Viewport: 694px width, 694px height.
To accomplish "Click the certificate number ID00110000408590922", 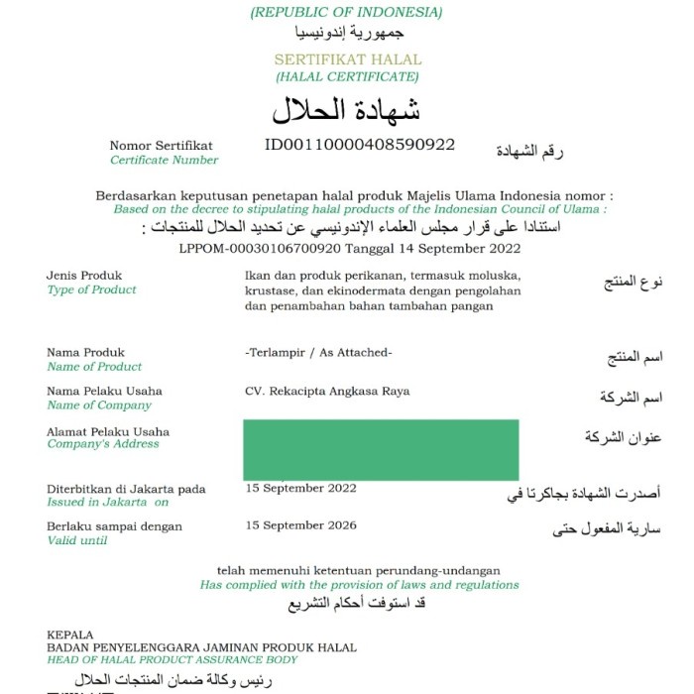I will click(360, 145).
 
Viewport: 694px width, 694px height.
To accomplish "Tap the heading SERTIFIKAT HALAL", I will click(347, 59).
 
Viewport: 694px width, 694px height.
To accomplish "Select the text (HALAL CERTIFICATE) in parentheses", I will click(347, 76).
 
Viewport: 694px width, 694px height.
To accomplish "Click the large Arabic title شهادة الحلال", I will click(346, 109).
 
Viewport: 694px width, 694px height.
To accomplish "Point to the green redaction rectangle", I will click(382, 450).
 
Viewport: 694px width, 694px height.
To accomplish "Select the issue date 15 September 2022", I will click(300, 488).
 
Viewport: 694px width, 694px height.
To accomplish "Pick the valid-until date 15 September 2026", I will click(300, 525).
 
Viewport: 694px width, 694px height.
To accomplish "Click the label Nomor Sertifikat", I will click(161, 146).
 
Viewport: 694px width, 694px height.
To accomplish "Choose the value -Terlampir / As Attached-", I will click(318, 353).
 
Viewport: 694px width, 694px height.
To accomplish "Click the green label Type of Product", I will click(91, 289).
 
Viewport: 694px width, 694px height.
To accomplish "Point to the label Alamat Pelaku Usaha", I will click(108, 431).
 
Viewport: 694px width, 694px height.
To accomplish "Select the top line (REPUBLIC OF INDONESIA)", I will click(346, 13).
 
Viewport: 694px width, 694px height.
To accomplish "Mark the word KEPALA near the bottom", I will click(69, 635).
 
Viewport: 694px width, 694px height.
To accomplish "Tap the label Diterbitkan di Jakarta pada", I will click(126, 489).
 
